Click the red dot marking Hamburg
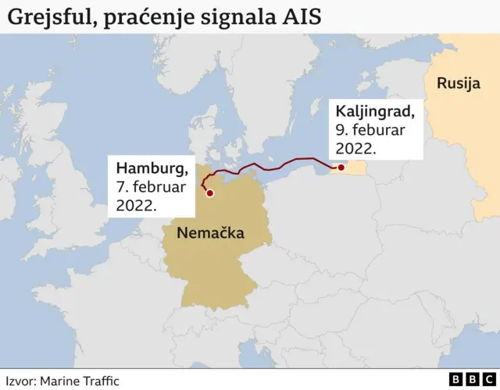209,191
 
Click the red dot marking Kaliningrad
341,168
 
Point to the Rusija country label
459,83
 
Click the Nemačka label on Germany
210,232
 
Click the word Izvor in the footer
20,380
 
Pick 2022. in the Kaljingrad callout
357,148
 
